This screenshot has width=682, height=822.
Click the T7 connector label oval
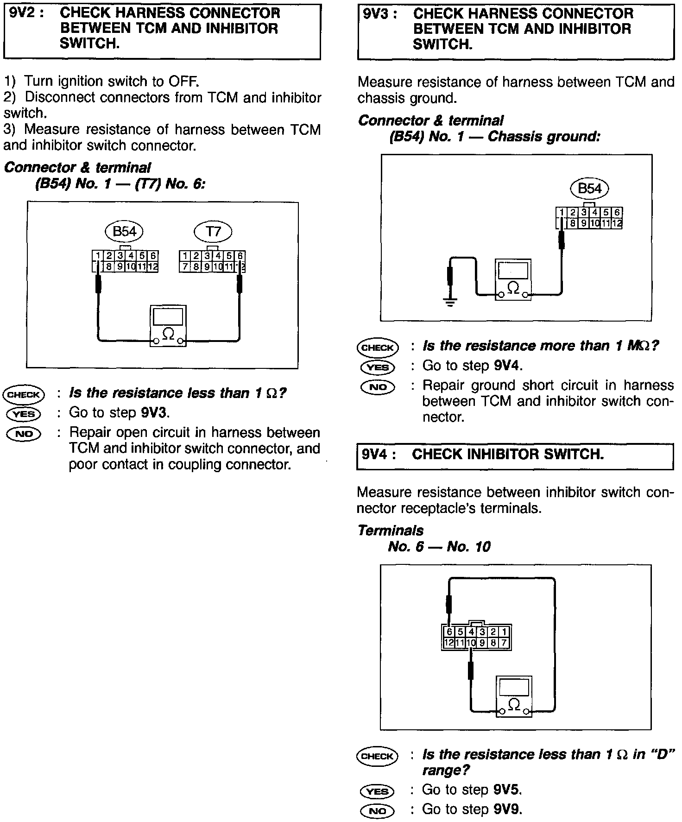(213, 231)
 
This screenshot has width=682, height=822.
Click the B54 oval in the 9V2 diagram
(125, 231)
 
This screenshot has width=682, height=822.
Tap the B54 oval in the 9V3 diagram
(589, 189)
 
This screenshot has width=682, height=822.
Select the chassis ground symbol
(449, 303)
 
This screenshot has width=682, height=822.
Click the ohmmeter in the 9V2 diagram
(168, 326)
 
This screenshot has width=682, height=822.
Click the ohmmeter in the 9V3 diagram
(513, 280)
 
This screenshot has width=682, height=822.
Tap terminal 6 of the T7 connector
(240, 256)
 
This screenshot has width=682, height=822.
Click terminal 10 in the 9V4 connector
(471, 643)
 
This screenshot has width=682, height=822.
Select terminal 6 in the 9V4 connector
(448, 632)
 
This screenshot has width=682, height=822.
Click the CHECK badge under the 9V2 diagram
(24, 395)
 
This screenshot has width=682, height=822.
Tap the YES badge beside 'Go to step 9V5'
(377, 791)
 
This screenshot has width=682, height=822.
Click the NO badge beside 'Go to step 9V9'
(377, 810)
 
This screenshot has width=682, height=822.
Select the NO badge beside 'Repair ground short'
(378, 387)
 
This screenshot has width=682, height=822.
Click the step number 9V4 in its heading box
(375, 455)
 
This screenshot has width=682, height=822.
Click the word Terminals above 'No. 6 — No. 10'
(391, 531)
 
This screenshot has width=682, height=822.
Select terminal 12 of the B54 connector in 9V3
(617, 224)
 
